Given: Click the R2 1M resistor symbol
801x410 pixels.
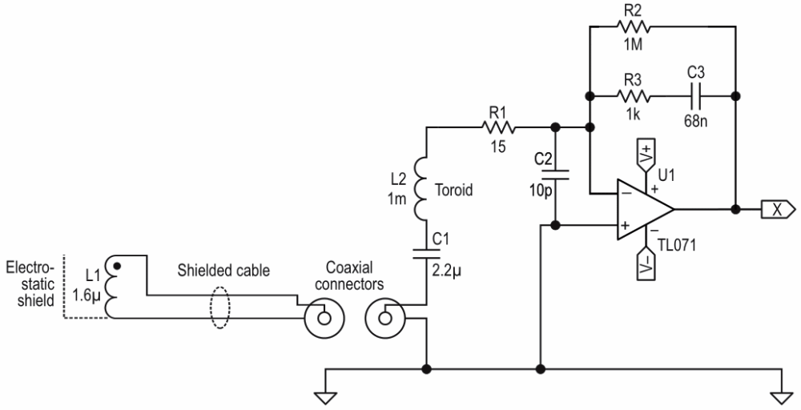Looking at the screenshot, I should [x=636, y=26].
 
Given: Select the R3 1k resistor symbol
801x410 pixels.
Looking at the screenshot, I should [x=636, y=95].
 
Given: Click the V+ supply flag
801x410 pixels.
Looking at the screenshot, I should [x=646, y=151].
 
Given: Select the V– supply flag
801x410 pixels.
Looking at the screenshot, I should [x=646, y=267].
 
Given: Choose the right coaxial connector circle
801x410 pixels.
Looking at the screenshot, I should [x=384, y=319].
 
